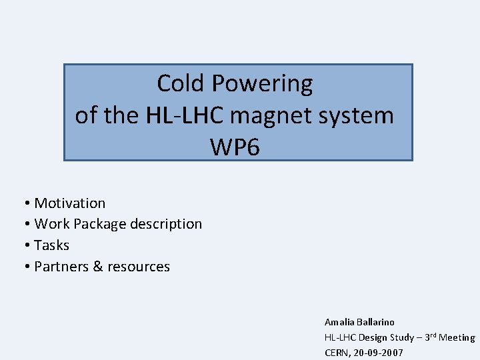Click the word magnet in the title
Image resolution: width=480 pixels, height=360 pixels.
[x=273, y=115]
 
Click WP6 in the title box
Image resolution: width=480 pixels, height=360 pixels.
[x=235, y=147]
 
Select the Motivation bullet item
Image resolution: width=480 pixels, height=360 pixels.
[x=70, y=203]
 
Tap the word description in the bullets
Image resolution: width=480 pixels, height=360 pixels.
[x=166, y=224]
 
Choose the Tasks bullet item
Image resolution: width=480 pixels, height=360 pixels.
[x=51, y=245]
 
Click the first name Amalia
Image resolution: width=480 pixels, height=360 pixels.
[x=339, y=322]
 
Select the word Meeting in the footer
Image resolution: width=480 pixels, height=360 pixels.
[x=457, y=338]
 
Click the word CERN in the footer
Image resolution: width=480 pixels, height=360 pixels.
[x=337, y=353]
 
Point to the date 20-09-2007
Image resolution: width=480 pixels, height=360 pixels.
[x=379, y=353]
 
